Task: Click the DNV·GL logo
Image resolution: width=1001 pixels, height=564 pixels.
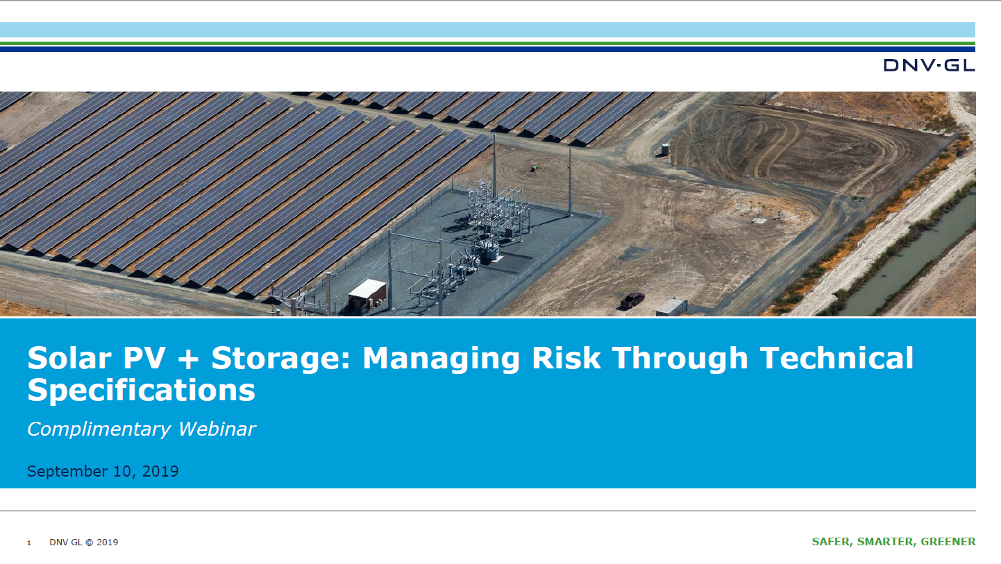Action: [x=929, y=65]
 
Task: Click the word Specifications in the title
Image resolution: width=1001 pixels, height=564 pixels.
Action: [x=141, y=391]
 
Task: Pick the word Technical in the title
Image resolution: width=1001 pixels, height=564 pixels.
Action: [x=836, y=358]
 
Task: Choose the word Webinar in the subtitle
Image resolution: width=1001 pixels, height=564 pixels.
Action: [x=217, y=429]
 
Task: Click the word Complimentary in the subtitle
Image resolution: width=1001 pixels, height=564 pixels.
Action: [x=99, y=429]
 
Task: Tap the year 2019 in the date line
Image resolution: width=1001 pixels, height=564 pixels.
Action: [x=160, y=472]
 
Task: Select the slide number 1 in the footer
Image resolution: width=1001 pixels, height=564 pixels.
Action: [x=29, y=542]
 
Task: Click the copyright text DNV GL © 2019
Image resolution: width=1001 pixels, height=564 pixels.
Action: [x=84, y=542]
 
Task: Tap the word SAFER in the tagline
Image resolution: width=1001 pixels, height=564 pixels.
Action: [x=831, y=542]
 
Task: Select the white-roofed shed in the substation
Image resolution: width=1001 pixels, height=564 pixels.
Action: [x=367, y=294]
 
